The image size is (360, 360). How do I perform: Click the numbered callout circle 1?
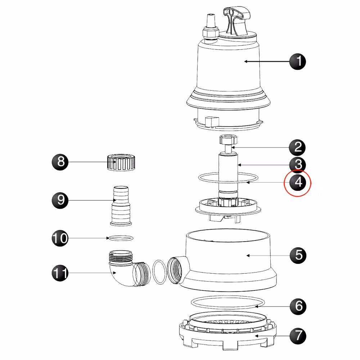coord(298,62)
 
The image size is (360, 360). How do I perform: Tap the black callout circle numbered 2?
coord(297,147)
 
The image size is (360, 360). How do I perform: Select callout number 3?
coord(298,165)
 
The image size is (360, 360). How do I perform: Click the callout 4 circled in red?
coord(298,183)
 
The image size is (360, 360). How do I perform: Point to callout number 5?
coord(298,255)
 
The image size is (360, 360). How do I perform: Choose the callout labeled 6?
coord(298,306)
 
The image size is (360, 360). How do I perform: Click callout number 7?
coord(298,336)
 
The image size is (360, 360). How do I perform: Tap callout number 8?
coord(60,162)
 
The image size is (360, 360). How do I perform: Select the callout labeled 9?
coord(60,201)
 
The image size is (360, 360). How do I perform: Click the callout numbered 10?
coord(60,238)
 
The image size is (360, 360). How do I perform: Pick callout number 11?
coord(60,273)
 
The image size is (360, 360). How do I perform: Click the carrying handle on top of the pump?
coord(237,21)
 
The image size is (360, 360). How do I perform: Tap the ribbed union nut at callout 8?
coord(121,163)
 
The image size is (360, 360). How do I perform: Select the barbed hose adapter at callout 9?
coord(121,206)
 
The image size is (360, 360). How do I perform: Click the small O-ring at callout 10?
coord(121,238)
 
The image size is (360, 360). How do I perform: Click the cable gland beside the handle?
coord(210,29)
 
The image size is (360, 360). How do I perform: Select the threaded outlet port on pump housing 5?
coord(176,270)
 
